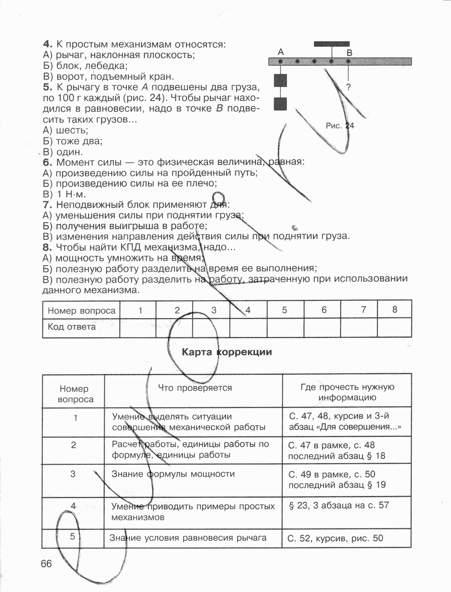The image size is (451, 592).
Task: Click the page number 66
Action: pos(46,564)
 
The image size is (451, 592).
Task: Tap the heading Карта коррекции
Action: pos(227,352)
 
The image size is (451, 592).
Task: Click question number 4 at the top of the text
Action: pos(47,44)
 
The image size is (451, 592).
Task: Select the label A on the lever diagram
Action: pos(281,52)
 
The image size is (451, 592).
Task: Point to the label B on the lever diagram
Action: pos(349,52)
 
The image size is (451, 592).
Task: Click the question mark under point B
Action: pos(349,87)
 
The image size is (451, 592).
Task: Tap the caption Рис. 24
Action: pos(340,126)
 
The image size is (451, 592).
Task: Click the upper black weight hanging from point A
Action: pos(281,81)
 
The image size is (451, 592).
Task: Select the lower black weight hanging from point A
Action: pos(281,104)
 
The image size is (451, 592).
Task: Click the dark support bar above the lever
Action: pos(331,44)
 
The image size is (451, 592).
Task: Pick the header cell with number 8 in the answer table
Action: pos(395,310)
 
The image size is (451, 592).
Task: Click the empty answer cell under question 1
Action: pos(138,327)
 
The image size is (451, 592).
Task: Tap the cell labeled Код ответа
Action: pos(72,327)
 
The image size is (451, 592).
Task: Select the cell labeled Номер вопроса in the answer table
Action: pos(81,311)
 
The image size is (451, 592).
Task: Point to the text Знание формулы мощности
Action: pos(173,474)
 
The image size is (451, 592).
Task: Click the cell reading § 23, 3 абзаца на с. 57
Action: pos(338,505)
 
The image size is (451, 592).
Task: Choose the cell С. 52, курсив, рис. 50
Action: pos(335,538)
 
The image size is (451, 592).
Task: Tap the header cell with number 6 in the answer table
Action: pos(323,310)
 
